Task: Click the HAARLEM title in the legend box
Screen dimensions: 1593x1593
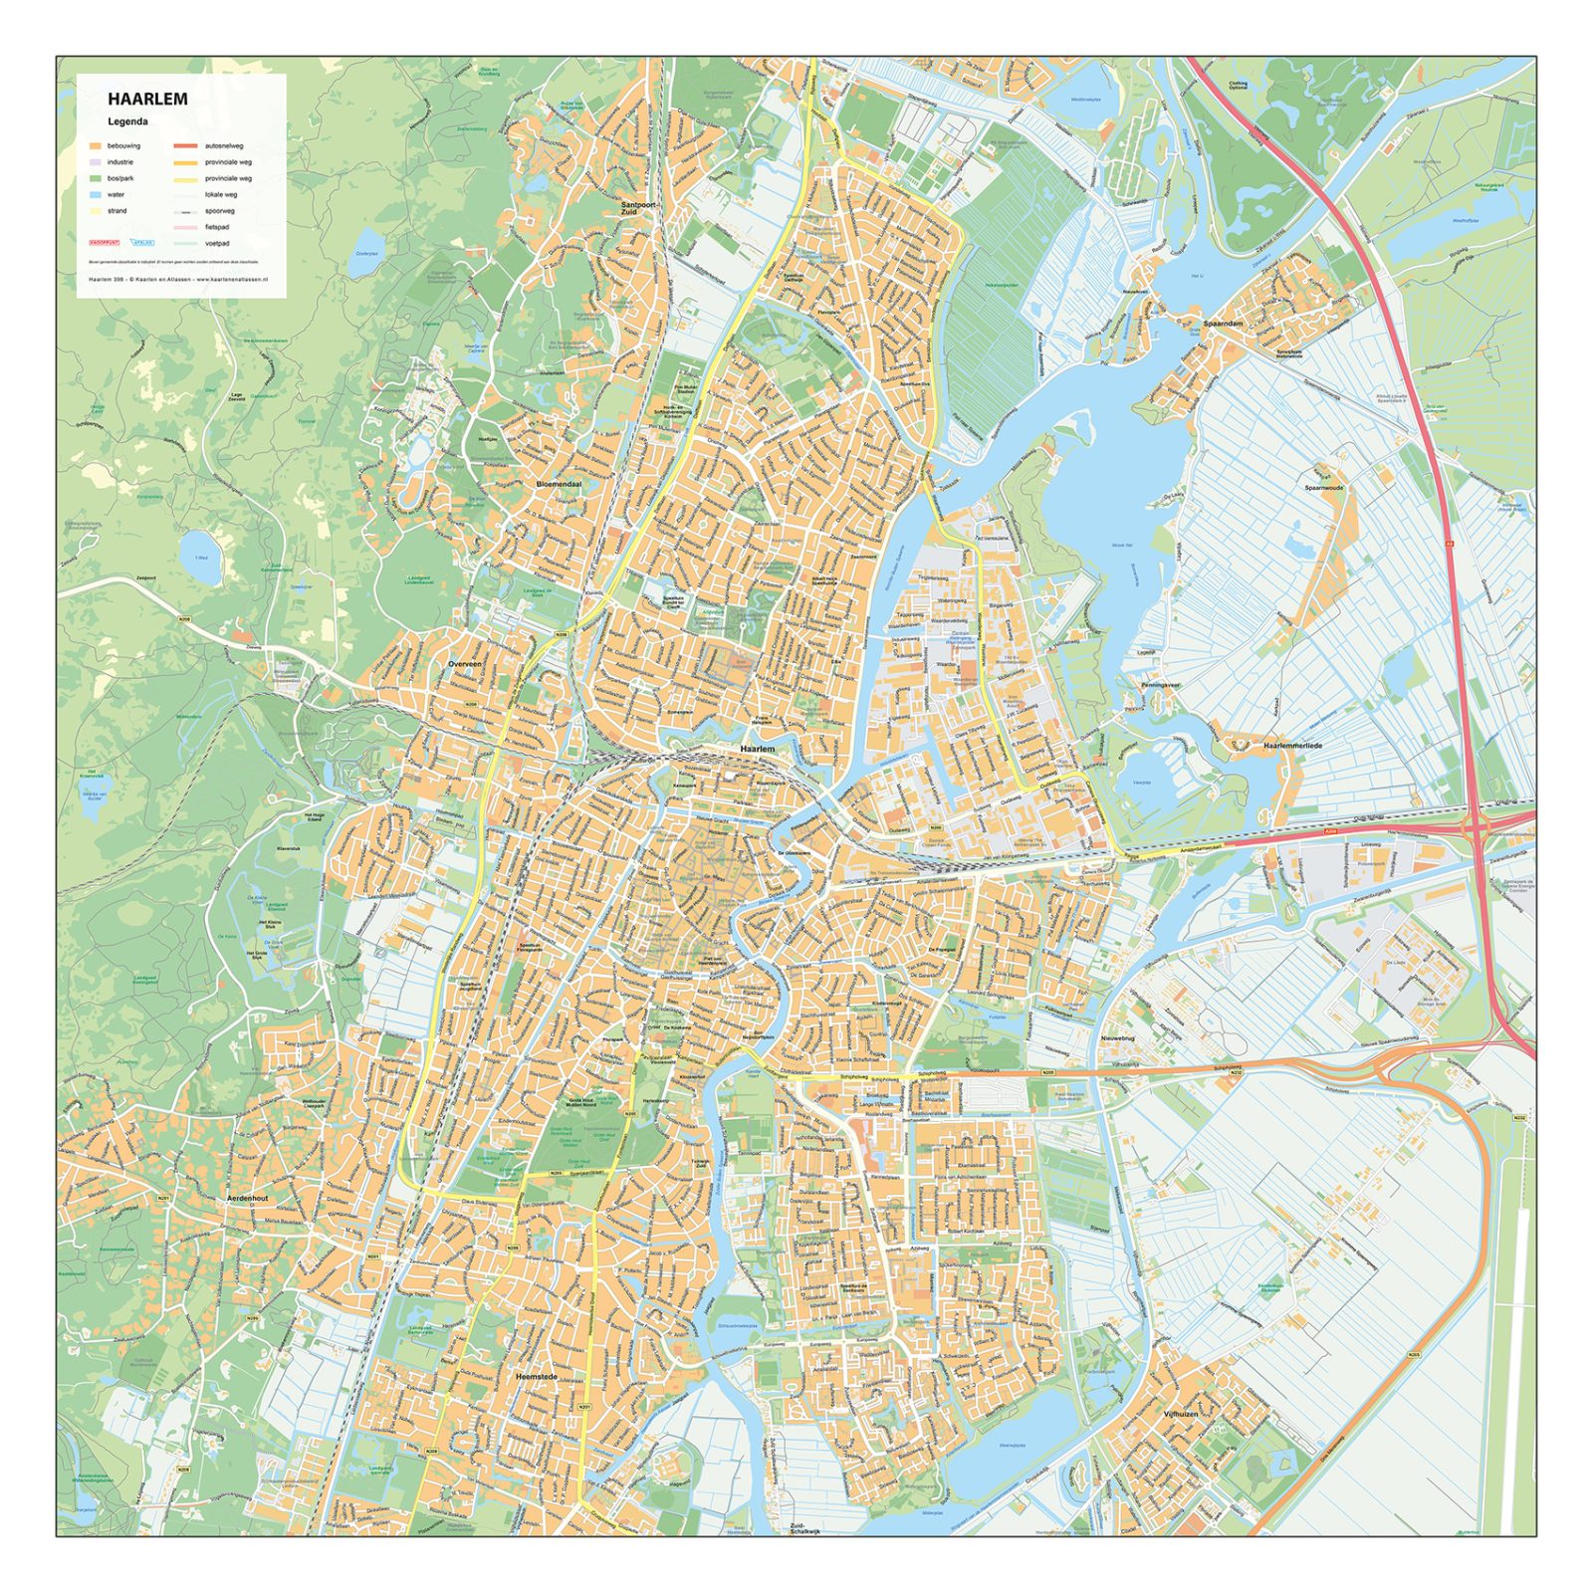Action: [147, 99]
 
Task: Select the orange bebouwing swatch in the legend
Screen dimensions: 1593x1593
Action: [97, 146]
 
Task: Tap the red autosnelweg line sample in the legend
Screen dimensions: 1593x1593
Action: [185, 146]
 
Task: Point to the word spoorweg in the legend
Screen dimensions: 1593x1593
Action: [220, 211]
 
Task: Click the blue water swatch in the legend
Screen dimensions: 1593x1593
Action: [97, 195]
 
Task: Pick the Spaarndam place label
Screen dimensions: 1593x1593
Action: [1223, 324]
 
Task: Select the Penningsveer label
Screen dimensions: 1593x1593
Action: [1160, 685]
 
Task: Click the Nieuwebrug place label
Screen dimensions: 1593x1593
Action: [1117, 1038]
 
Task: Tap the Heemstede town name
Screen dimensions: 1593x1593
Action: [537, 1377]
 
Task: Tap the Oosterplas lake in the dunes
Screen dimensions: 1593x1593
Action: [367, 242]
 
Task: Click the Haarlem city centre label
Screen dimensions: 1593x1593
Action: [757, 748]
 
